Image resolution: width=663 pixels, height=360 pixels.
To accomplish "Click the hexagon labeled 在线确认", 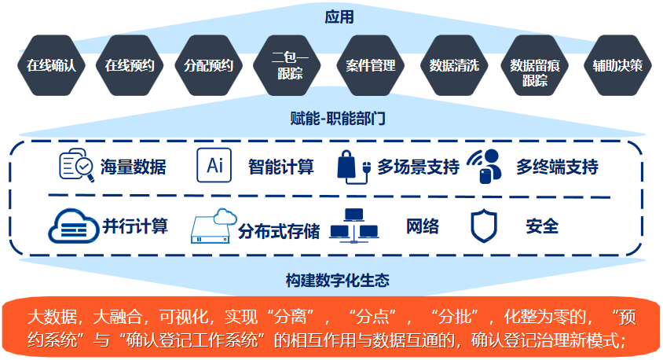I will [52, 65].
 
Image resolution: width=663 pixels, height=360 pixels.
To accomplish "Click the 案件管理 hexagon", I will [371, 65].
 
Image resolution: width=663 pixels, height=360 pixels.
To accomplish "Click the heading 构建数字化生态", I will [338, 280].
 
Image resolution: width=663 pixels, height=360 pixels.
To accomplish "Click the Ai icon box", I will [214, 166].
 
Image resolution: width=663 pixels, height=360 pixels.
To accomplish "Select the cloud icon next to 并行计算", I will [72, 226].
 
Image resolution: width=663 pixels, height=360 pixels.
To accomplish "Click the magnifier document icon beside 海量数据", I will [77, 166].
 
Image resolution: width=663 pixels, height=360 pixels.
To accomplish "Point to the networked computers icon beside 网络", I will [353, 225].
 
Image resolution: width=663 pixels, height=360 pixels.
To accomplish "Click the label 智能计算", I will [280, 167].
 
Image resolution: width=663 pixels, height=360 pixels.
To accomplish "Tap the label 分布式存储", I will [279, 232].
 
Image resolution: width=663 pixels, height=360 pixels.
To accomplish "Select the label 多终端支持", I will [557, 167].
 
